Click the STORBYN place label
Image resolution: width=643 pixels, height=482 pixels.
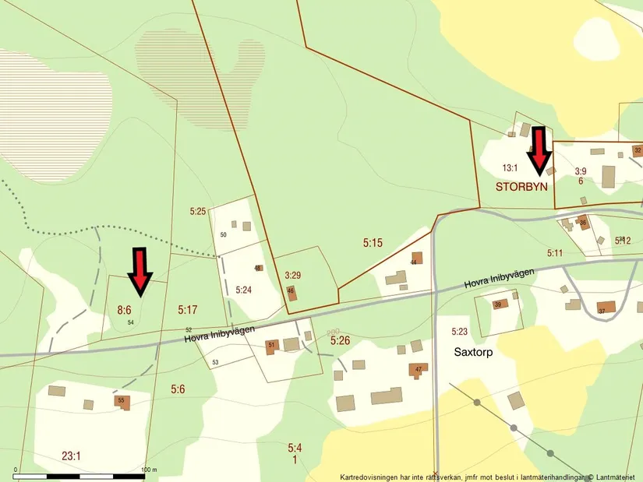[522, 188]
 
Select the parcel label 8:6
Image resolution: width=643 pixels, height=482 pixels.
[125, 310]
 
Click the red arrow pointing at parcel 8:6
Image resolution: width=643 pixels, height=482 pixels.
[140, 272]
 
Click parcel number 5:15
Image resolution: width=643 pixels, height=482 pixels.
[373, 243]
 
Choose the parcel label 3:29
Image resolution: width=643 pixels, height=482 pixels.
[293, 275]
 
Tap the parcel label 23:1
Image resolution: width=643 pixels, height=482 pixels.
[71, 456]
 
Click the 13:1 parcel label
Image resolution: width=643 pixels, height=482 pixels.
[510, 167]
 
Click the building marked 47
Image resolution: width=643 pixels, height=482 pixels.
[419, 369]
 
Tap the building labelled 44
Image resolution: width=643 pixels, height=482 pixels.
[417, 258]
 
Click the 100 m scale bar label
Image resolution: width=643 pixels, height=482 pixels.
[149, 470]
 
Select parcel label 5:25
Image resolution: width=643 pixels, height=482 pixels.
[197, 211]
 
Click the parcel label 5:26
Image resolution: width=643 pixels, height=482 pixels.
[340, 341]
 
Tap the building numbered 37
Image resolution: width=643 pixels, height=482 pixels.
[606, 307]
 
